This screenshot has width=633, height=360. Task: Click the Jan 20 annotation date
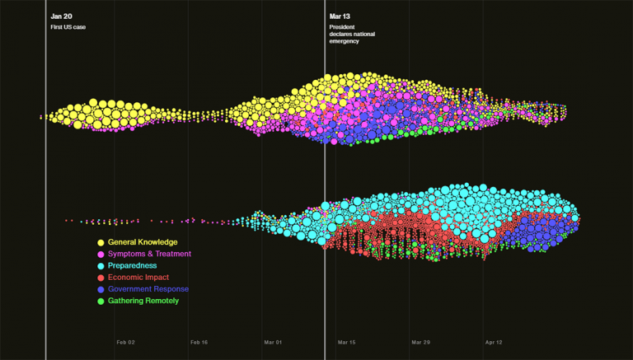(x=61, y=16)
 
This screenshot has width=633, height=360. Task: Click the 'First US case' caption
(x=68, y=27)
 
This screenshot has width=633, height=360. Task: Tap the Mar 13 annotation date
(x=340, y=16)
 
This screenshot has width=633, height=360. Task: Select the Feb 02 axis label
(x=125, y=342)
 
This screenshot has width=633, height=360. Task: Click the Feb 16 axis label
(x=199, y=342)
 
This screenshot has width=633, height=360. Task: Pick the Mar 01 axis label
(x=273, y=342)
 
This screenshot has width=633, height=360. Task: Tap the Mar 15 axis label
(x=347, y=342)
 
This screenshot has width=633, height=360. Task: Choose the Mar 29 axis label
(x=420, y=342)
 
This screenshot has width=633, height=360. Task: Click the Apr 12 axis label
(x=494, y=342)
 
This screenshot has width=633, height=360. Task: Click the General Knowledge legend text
(x=142, y=242)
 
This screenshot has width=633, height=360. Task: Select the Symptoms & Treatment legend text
(x=149, y=254)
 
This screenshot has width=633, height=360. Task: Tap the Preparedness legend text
(x=132, y=266)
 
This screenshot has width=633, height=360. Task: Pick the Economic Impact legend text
(x=139, y=278)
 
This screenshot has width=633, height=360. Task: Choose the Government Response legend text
(x=148, y=289)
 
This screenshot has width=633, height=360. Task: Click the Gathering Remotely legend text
(x=143, y=301)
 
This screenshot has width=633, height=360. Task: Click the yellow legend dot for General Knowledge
(x=101, y=242)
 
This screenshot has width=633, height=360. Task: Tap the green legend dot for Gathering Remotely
(x=101, y=302)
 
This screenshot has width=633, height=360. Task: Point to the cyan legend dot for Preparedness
(x=101, y=266)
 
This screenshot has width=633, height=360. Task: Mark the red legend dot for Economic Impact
(x=101, y=278)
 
